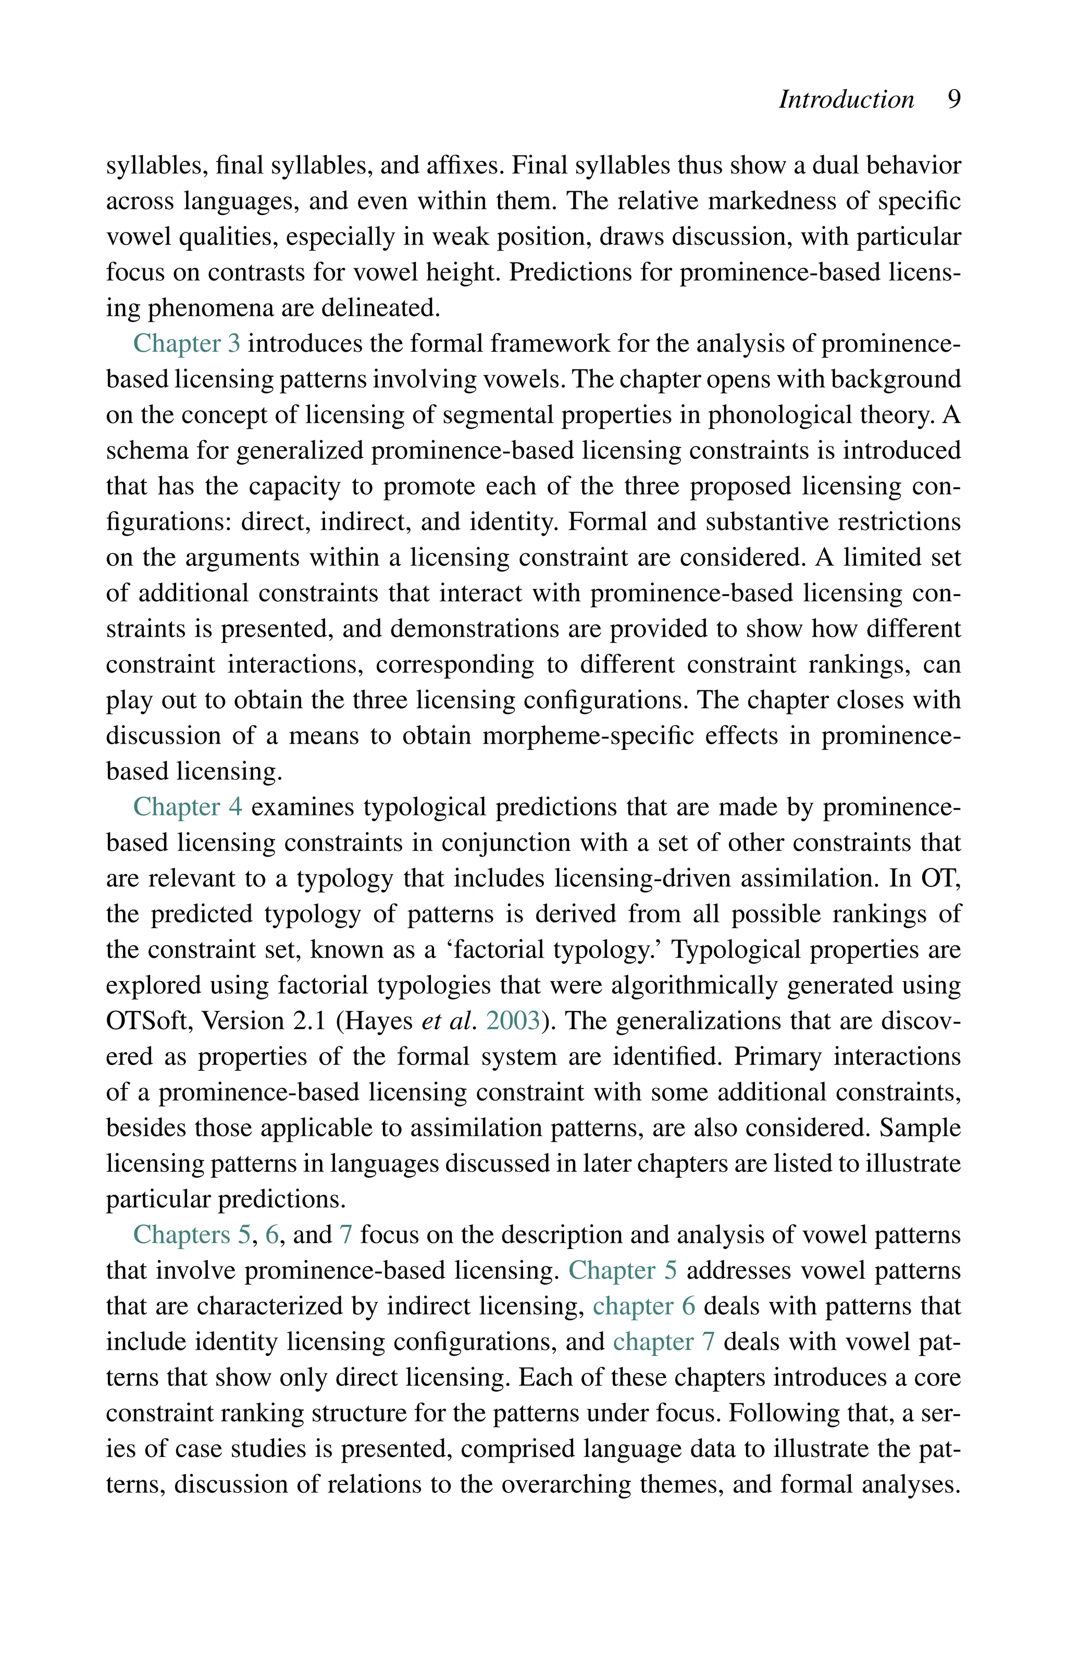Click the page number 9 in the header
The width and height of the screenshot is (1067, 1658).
point(953,100)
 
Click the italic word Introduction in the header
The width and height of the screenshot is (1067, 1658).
point(846,100)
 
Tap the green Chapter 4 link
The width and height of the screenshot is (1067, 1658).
point(187,807)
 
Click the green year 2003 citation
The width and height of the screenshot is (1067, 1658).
point(513,1021)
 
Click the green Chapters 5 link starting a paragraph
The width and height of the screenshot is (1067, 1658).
point(191,1235)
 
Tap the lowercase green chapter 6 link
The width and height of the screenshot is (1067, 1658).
point(643,1307)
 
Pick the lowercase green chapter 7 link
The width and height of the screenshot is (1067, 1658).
point(663,1342)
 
